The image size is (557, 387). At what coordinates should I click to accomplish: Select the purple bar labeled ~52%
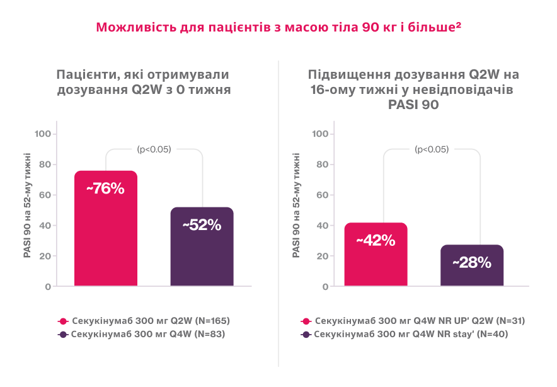pos(202,246)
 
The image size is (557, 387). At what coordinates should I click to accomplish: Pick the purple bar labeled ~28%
pos(472,265)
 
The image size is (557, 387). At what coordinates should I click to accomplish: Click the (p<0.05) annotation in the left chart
pos(154,149)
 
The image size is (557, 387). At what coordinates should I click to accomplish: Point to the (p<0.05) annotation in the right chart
pos(432,149)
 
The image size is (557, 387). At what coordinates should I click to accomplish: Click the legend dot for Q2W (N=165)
pos(62,321)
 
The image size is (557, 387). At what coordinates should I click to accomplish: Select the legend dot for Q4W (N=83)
pos(62,335)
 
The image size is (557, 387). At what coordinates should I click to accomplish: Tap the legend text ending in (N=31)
pos(420,321)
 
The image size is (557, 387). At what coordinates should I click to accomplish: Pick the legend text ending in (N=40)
pos(411,335)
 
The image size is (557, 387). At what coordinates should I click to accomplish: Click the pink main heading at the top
pos(278,28)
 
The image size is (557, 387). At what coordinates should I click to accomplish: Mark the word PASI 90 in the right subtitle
pos(413,105)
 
